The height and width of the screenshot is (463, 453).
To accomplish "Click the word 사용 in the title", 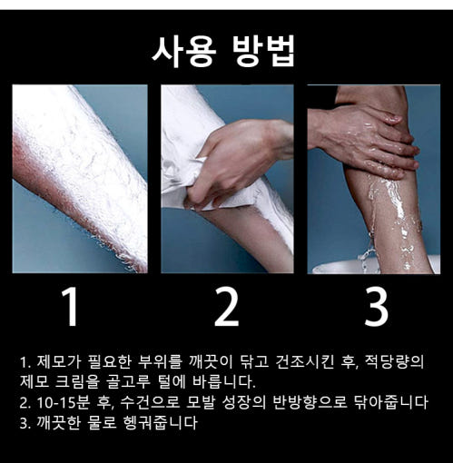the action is tap(184, 52).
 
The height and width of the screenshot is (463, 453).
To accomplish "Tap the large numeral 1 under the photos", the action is tap(70, 307).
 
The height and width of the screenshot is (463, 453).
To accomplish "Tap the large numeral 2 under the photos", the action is tap(227, 307).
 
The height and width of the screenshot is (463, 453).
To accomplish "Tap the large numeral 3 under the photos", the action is tap(376, 307).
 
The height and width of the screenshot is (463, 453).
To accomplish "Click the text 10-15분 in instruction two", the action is tap(64, 403).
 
